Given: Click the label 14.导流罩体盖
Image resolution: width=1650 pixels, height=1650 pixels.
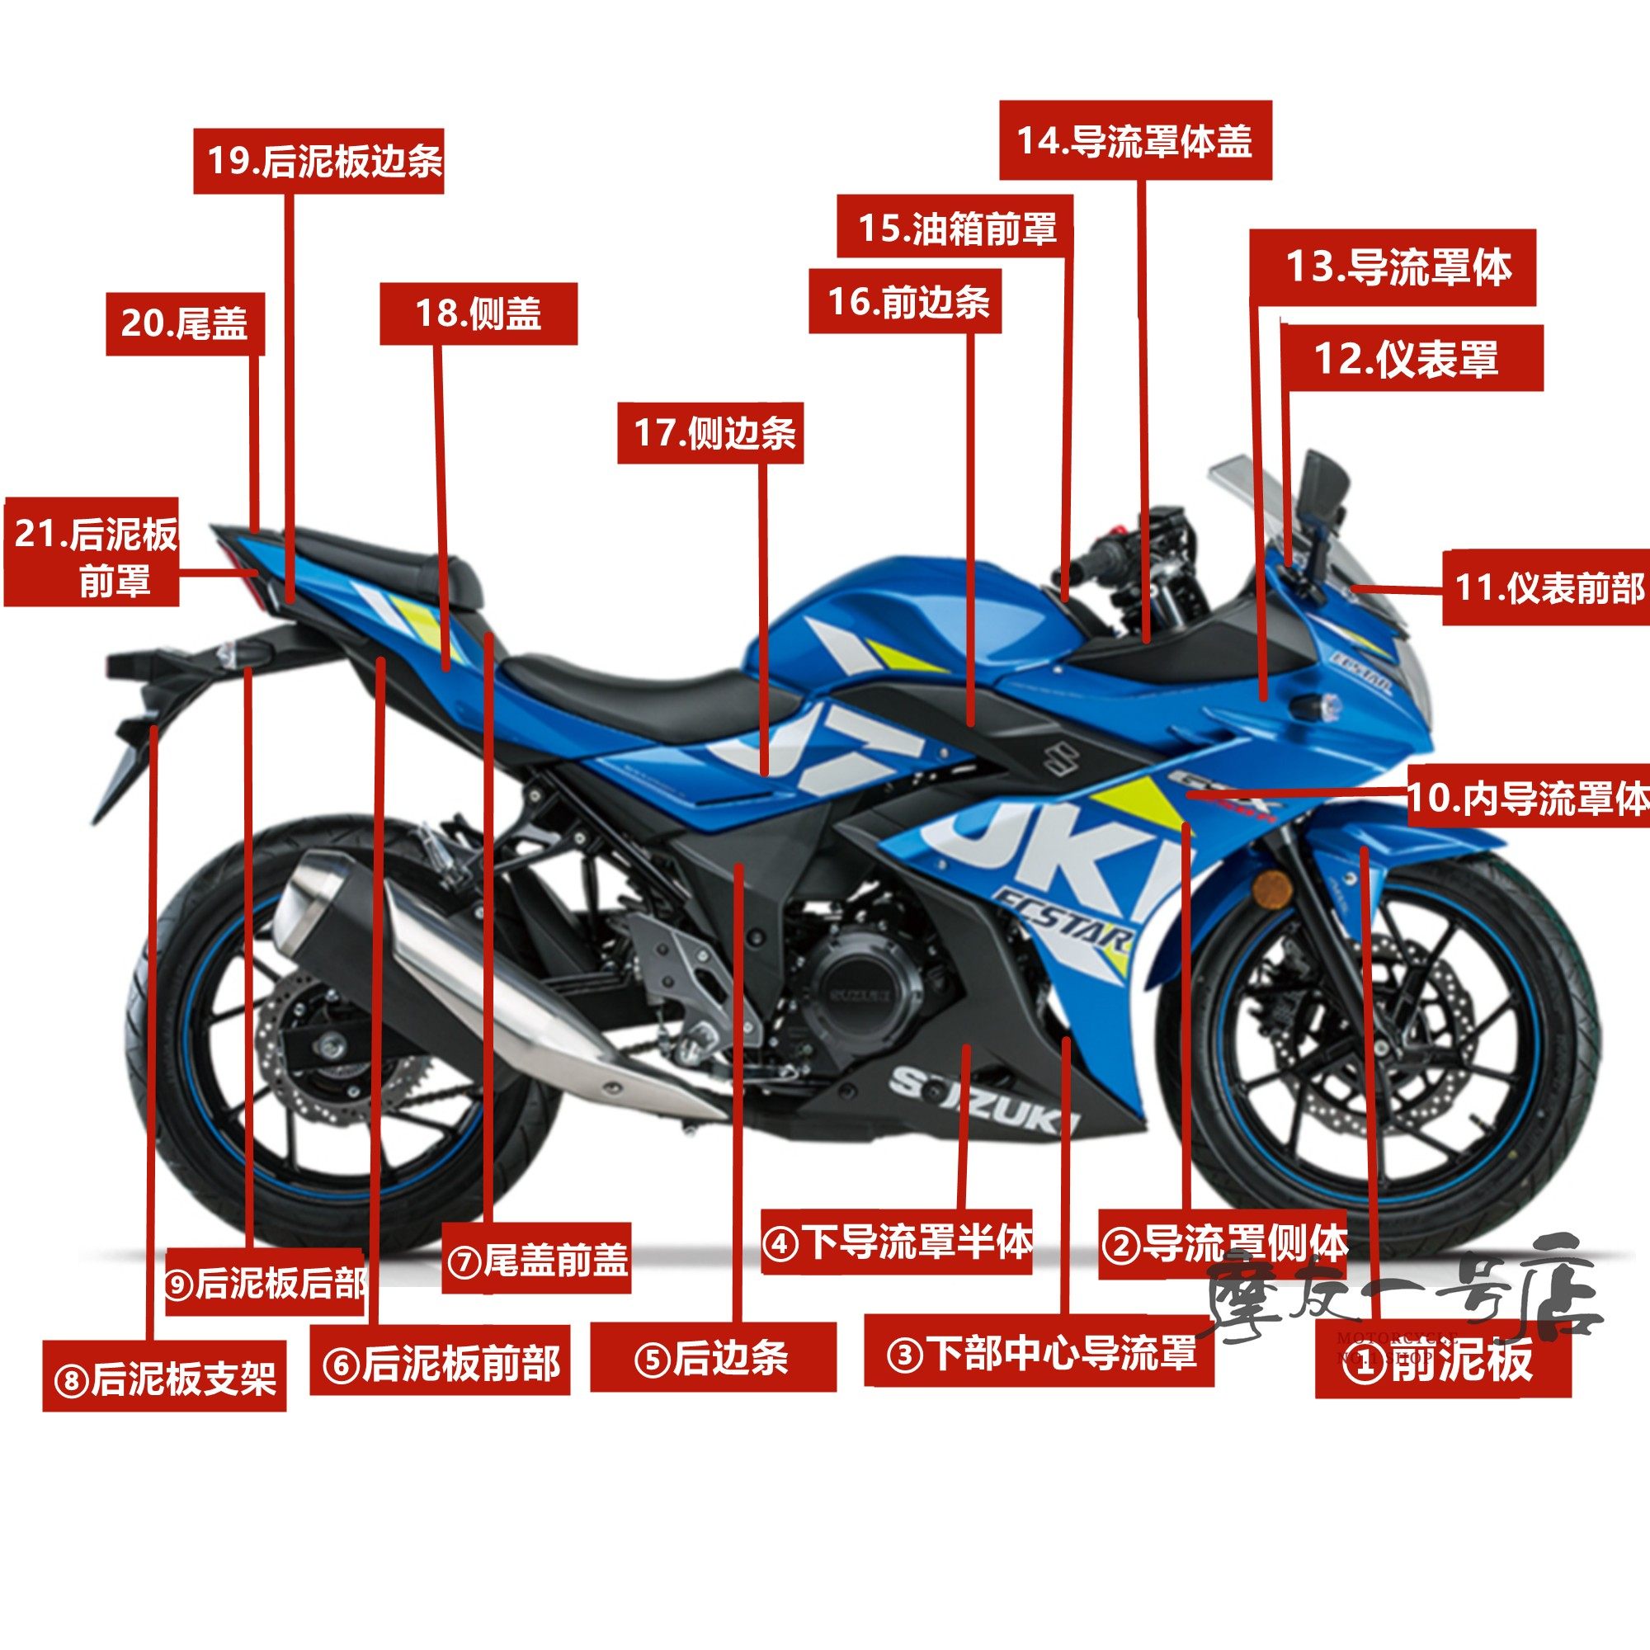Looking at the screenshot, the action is (1135, 141).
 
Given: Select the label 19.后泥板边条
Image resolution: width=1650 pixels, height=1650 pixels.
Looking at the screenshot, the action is (318, 162).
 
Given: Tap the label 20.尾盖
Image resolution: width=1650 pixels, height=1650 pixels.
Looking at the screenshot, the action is (185, 323).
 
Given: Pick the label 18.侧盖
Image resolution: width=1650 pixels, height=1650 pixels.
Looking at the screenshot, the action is (478, 313).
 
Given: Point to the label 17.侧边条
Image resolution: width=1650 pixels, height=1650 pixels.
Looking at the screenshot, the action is (710, 433).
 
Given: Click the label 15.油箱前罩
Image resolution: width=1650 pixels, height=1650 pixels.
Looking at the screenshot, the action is (955, 228).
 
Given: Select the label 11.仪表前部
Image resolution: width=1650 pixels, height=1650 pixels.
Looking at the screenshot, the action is (1547, 587).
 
